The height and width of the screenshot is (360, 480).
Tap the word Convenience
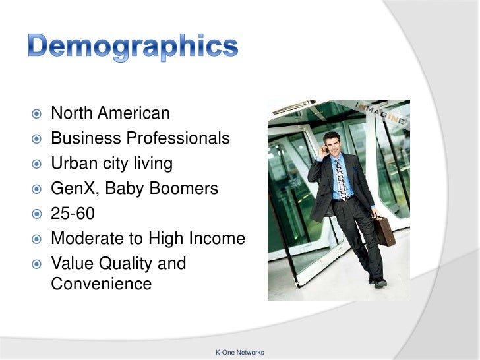[101, 284]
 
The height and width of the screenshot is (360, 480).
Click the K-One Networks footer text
[239, 353]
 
